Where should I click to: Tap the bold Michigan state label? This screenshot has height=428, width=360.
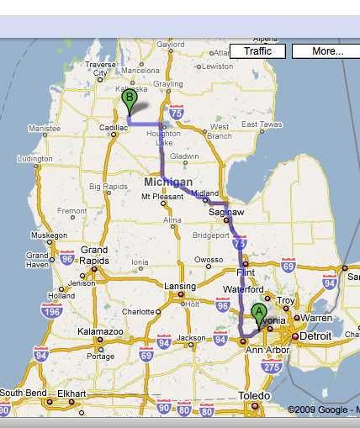coord(168,182)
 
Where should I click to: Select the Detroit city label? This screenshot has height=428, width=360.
coord(316,336)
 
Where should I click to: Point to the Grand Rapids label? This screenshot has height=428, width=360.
coord(94,255)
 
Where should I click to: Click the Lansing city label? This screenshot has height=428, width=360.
coord(179,286)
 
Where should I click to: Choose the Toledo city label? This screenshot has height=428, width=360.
coord(253,395)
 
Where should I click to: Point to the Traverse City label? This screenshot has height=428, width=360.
coord(100,68)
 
